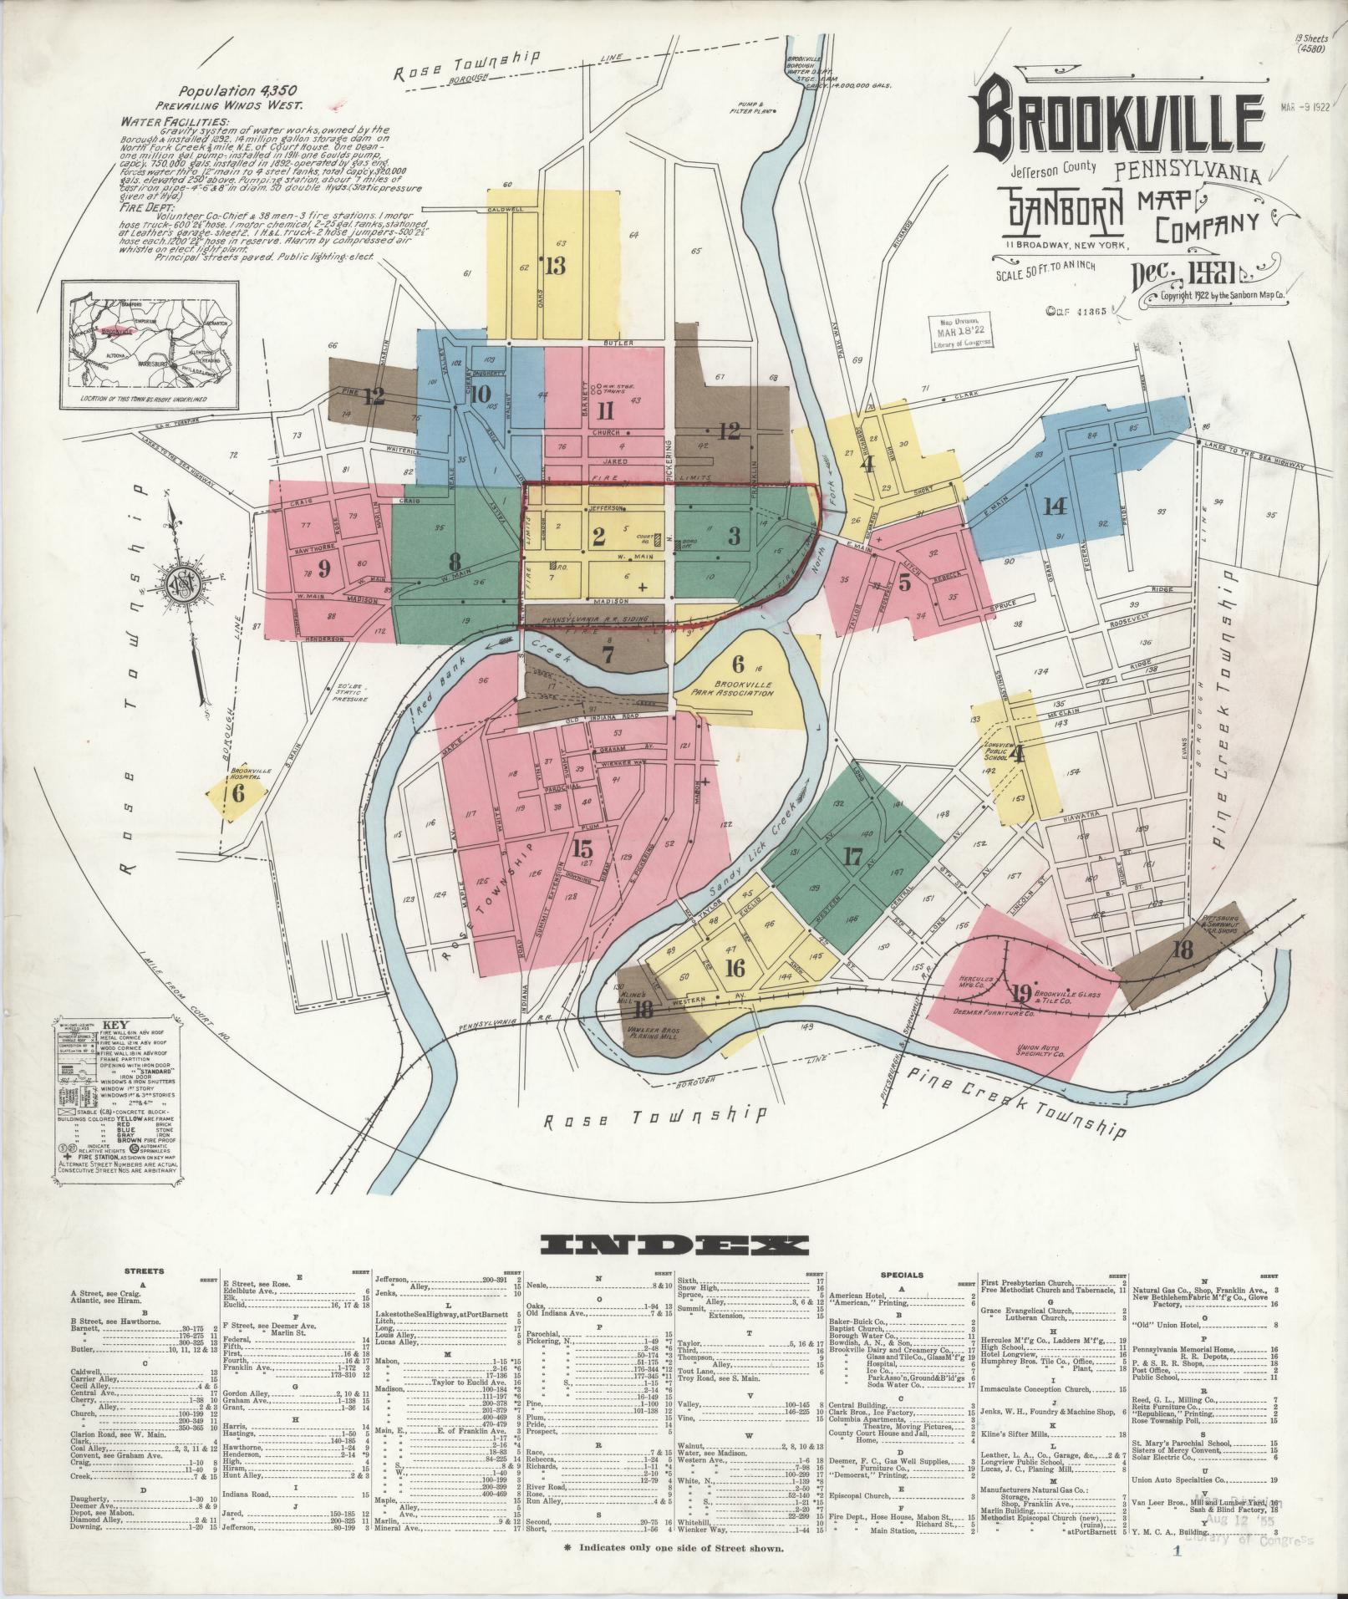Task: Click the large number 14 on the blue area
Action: coord(1056,506)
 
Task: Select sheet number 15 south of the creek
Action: coord(583,849)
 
